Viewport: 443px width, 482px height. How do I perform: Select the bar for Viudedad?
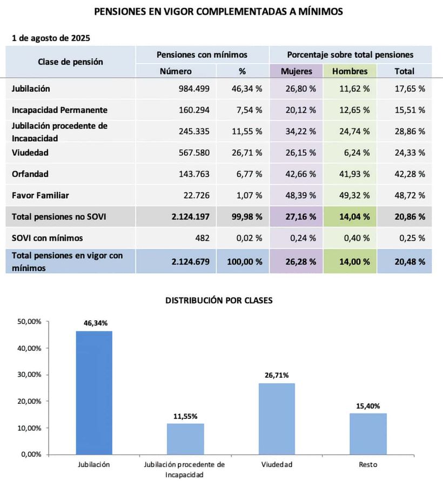pyautogui.click(x=277, y=418)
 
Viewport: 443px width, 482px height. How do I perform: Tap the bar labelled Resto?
pyautogui.click(x=368, y=433)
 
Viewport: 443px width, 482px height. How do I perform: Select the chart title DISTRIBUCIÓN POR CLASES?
pyautogui.click(x=219, y=301)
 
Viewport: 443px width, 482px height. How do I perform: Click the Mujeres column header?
pyautogui.click(x=296, y=71)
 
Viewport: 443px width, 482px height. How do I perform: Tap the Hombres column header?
pyautogui.click(x=350, y=71)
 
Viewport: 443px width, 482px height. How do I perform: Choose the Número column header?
pyautogui.click(x=176, y=71)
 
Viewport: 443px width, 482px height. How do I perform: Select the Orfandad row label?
pyautogui.click(x=30, y=174)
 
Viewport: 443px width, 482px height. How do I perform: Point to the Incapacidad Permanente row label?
pyautogui.click(x=59, y=110)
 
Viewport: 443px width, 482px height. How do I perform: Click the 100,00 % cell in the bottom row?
pyautogui.click(x=244, y=261)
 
